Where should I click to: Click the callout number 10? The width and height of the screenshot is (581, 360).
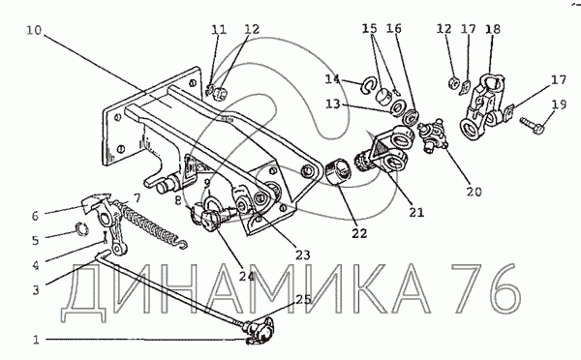pos(34,30)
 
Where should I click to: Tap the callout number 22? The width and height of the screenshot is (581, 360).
pos(359,233)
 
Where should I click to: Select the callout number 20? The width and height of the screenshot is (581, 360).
pos(474,192)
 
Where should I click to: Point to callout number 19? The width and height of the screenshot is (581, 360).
pos(559,105)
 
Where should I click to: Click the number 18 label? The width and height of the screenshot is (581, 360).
pos(493,29)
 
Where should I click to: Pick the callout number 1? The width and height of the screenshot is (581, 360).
pos(36,340)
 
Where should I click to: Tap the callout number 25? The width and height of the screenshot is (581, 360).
pos(303,299)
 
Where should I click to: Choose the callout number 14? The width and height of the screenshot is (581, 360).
pos(332,79)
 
